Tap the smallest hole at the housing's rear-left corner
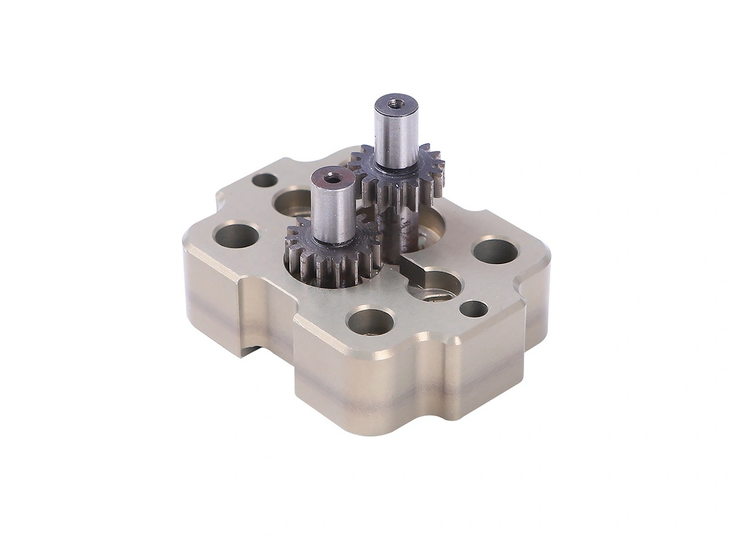pyautogui.click(x=264, y=180)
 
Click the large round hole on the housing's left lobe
pyautogui.click(x=236, y=235)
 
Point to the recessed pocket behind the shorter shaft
pyautogui.click(x=292, y=202)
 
